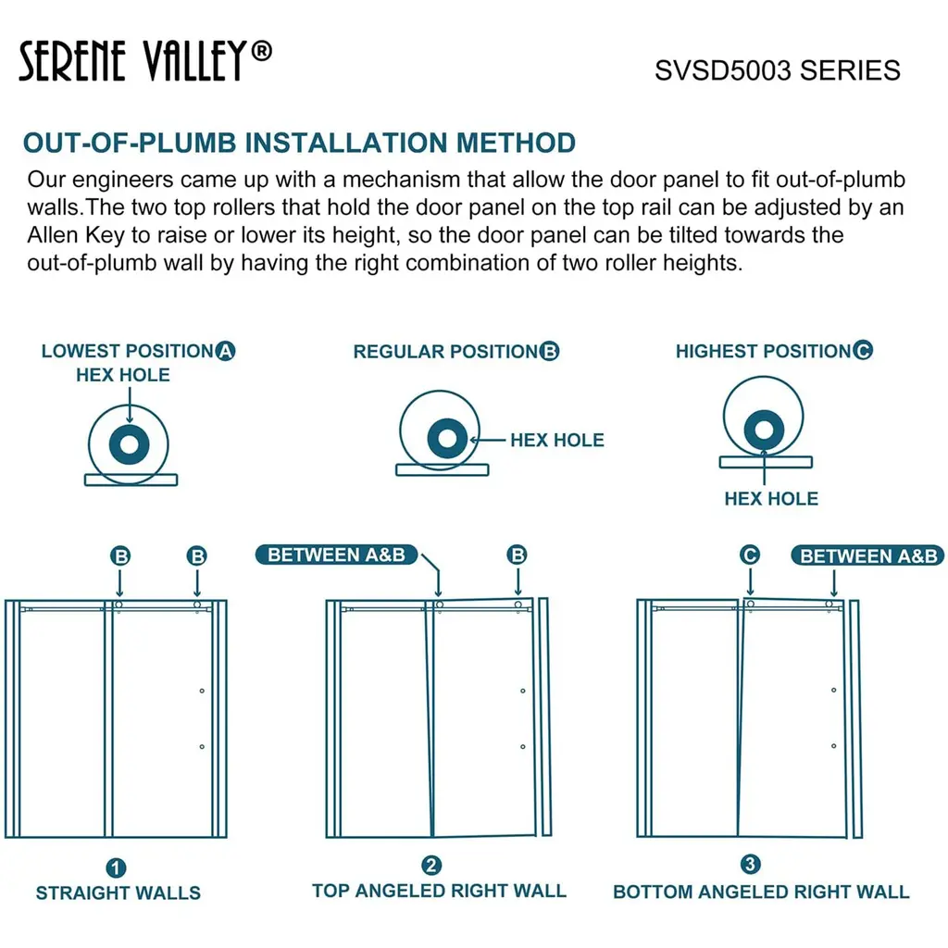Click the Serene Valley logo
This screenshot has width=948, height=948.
(145, 60)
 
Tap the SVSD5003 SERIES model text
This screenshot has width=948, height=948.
(778, 70)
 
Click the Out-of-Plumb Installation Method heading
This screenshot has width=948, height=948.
(299, 143)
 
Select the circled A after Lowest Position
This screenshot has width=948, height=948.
(226, 351)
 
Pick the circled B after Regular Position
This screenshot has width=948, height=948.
(550, 351)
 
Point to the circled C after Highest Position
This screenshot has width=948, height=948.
(863, 350)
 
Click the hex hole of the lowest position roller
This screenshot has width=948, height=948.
(129, 445)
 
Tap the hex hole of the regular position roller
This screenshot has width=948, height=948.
(447, 438)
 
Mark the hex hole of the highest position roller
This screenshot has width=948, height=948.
(764, 430)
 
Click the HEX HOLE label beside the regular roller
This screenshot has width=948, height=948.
(556, 440)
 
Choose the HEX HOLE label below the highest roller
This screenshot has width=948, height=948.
(771, 498)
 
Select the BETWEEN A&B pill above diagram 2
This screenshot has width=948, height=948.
(337, 555)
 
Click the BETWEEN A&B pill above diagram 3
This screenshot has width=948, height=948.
(867, 555)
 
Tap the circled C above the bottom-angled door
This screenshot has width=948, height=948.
(750, 555)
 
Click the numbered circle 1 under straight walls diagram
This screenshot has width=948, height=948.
(116, 868)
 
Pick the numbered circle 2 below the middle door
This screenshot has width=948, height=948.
(431, 866)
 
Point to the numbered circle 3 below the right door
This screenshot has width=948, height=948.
(750, 864)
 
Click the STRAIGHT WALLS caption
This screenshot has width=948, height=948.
(118, 892)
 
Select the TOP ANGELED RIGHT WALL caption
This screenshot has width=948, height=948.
(439, 891)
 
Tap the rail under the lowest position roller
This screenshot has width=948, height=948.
(131, 480)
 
